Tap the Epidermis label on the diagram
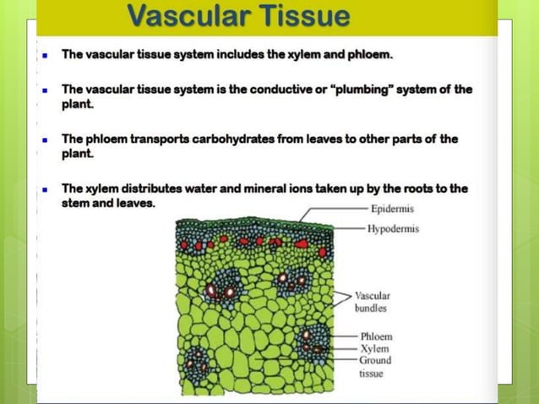pos(393,208)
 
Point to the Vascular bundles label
pos(372,302)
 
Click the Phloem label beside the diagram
pos(376,336)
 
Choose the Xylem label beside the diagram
pos(374,348)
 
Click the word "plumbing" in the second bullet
pos(367,90)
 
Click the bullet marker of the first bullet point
pos(44,56)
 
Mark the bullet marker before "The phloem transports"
pos(44,140)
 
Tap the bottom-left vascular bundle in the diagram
pos(197,365)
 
